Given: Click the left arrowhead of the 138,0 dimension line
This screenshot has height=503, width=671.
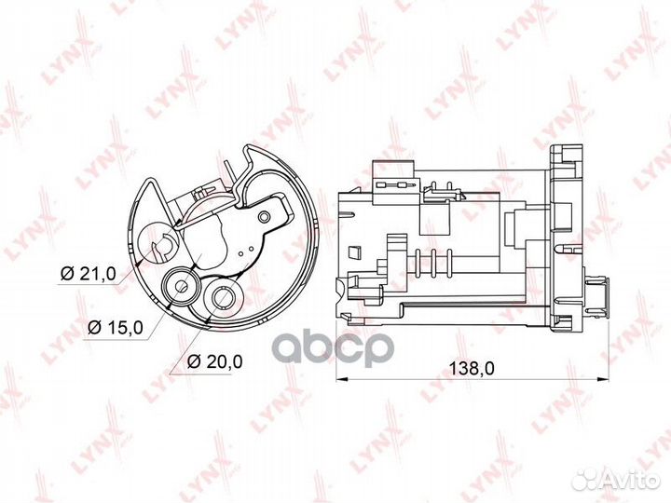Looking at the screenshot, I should tap(340, 379).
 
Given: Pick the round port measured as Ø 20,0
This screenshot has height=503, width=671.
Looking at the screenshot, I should tap(222, 298).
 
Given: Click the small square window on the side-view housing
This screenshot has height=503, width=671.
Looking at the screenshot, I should tap(354, 251).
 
